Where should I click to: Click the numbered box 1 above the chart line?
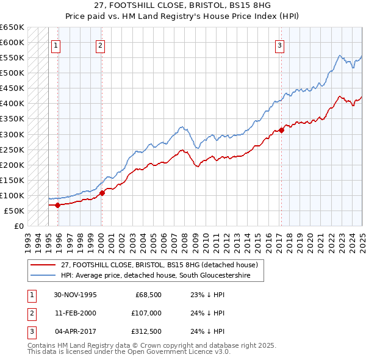point(56,45)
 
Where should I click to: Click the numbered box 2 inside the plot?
point(100,45)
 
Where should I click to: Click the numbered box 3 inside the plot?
point(279,45)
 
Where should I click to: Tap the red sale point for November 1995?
point(58,205)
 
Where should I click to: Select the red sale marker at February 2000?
point(102,193)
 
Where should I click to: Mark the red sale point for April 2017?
point(281,130)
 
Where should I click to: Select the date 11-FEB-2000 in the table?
point(76,313)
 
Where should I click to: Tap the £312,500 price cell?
point(146,331)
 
